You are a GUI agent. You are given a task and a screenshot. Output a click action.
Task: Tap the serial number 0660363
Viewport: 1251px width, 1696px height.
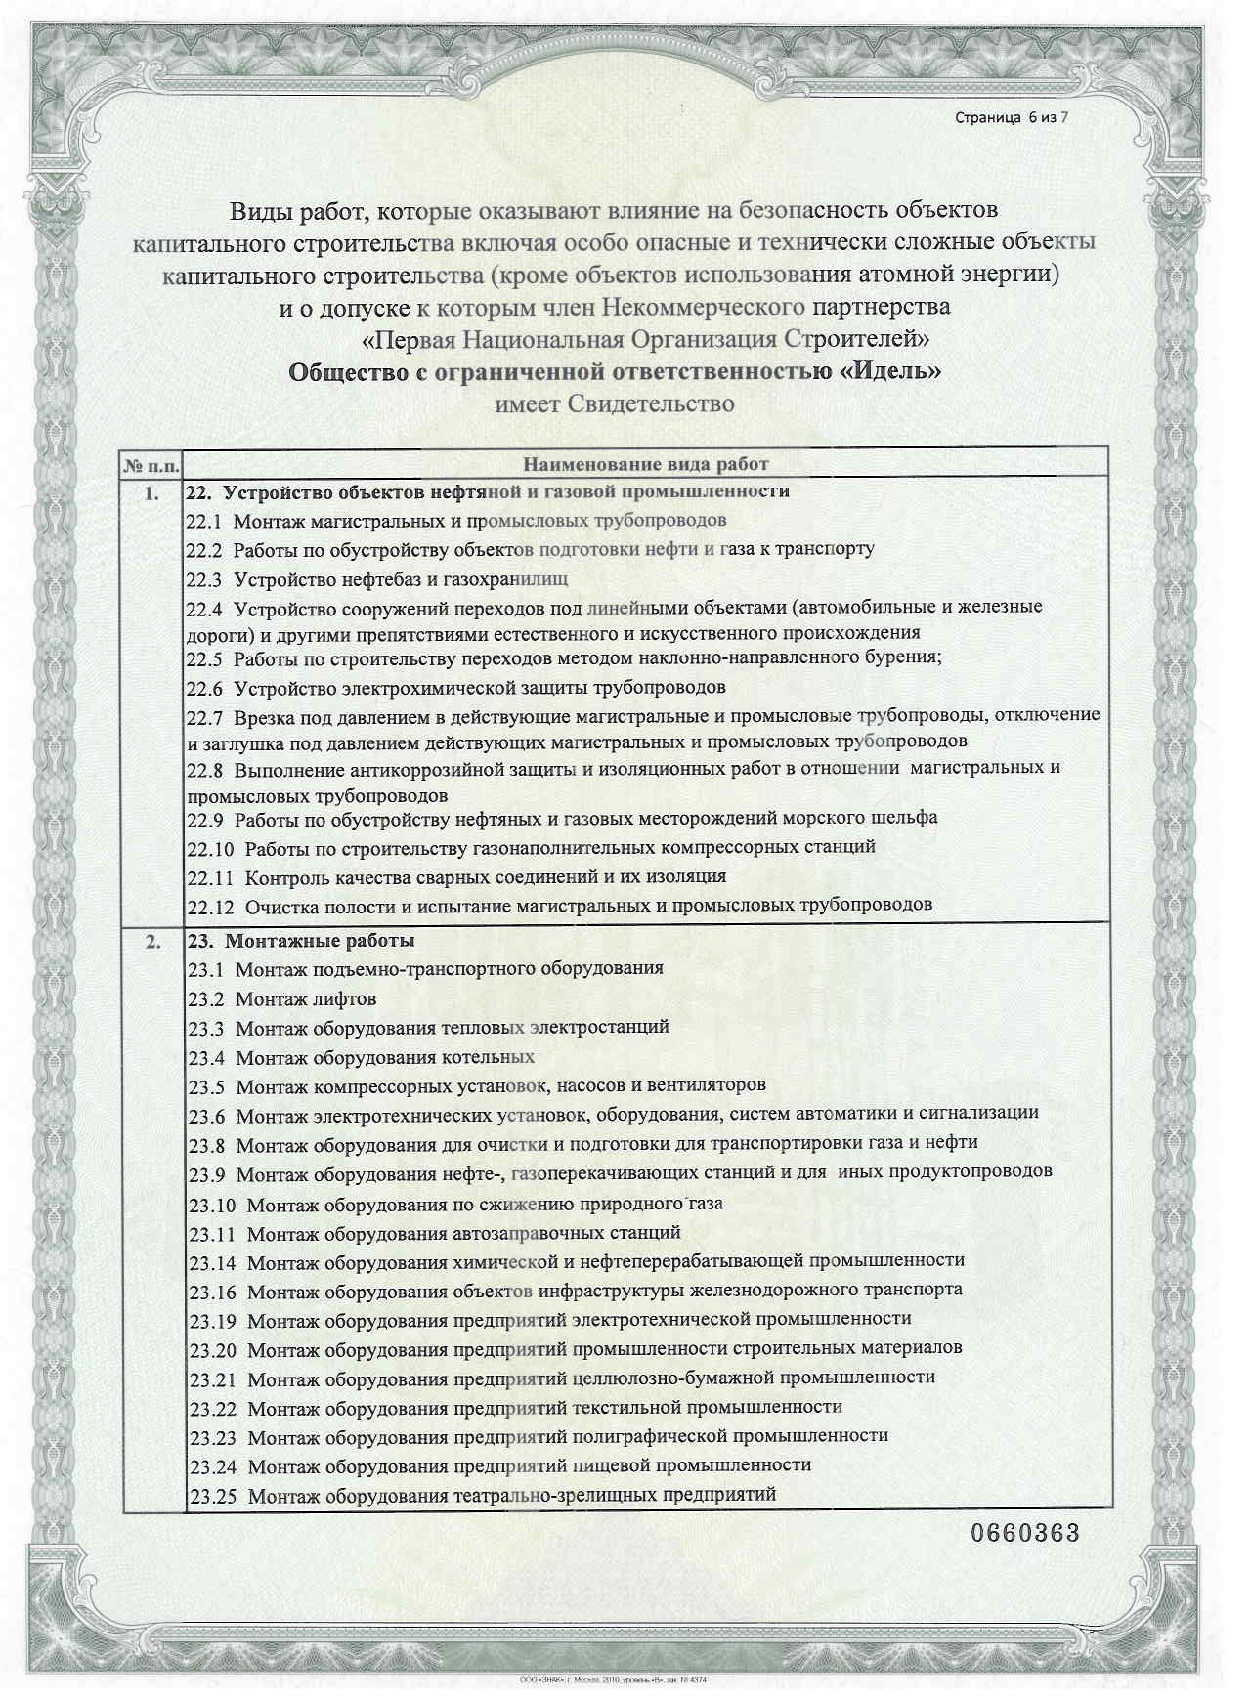coord(1024,1532)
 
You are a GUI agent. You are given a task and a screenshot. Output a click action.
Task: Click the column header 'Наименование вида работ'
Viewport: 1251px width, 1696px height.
coord(646,464)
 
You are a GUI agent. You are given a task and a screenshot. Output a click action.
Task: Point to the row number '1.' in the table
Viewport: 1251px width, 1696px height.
coord(151,493)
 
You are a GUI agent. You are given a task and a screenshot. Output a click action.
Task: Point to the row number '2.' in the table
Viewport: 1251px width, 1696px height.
coord(151,942)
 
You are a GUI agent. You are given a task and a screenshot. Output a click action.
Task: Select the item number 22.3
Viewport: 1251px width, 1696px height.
coord(204,578)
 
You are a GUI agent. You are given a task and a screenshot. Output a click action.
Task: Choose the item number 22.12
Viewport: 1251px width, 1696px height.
coord(210,906)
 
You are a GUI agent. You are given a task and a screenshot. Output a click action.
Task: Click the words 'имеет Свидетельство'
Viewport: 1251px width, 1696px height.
coord(615,403)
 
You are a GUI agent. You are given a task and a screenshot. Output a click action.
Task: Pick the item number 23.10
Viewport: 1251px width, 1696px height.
coord(212,1205)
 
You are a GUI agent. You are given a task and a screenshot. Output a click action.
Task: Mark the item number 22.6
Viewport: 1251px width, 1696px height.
coord(204,688)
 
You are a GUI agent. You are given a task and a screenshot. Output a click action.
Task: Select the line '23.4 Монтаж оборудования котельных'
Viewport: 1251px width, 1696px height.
coord(362,1057)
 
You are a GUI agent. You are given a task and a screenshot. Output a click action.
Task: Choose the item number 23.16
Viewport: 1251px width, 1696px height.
coord(212,1292)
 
